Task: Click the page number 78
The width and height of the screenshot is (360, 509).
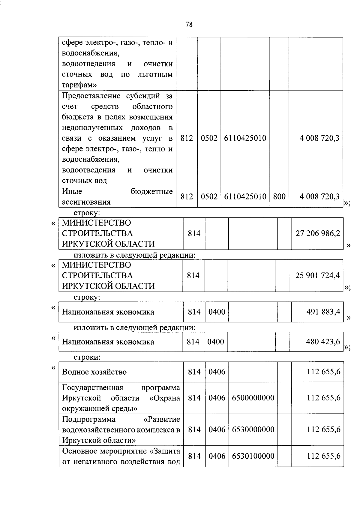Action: [x=189, y=25]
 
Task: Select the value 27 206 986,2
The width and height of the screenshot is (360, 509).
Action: [x=318, y=233]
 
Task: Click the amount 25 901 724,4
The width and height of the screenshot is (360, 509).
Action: [x=317, y=275]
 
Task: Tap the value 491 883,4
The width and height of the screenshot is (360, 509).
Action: [x=323, y=312]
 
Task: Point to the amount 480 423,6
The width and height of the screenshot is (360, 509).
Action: [x=323, y=342]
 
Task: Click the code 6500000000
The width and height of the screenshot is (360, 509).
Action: [x=253, y=398]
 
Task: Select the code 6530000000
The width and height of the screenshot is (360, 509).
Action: [x=253, y=430]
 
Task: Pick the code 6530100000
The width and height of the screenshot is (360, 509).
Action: [x=253, y=456]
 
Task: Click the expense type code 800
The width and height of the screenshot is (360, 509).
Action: [x=279, y=196]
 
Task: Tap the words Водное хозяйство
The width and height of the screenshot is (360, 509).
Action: [x=94, y=372]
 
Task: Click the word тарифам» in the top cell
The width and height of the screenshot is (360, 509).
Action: [x=79, y=85]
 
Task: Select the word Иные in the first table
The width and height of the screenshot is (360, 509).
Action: [x=72, y=191]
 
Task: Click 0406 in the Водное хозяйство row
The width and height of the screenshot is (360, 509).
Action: [x=217, y=372]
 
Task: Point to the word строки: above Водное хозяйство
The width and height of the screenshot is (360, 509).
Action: [x=87, y=357]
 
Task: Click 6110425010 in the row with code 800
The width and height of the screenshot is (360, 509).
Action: [x=245, y=196]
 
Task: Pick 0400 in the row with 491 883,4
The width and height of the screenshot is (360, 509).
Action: [x=217, y=312]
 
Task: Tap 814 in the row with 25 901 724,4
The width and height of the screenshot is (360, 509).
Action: [x=193, y=275]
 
